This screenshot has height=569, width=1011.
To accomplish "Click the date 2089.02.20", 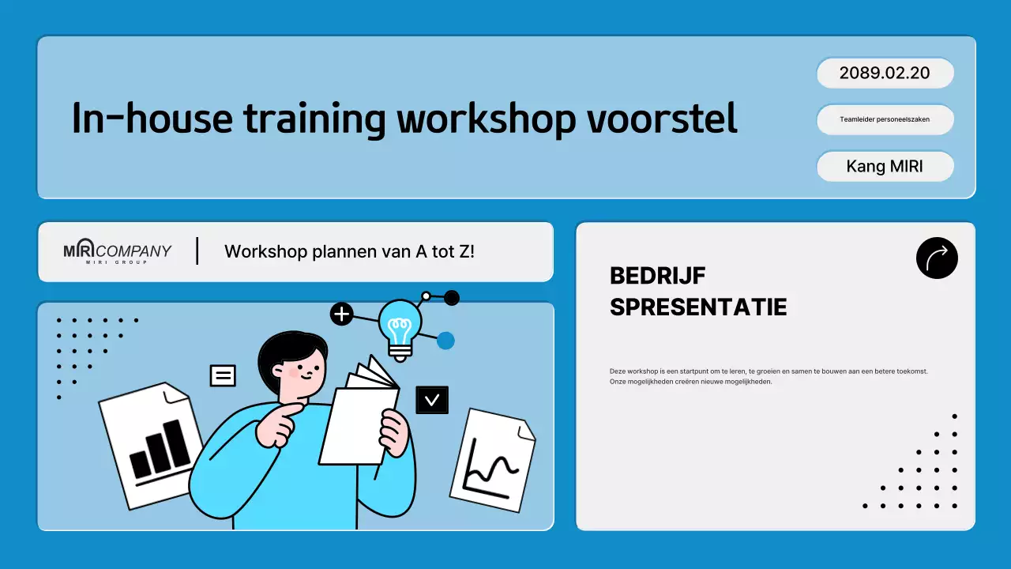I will coord(885,73).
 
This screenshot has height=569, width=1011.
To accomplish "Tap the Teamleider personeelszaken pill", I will coord(885,119).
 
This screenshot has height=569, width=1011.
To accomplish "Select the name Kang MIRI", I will coord(885,167).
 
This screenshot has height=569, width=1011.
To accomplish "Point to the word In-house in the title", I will coord(152,119).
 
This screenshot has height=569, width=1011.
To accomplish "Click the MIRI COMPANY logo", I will coord(117,251).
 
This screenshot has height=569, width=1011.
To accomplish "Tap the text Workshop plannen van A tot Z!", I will coord(349,251).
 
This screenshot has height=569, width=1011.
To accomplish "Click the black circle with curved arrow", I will coord(937,258).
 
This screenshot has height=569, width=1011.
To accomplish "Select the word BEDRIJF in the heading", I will coord(657,276).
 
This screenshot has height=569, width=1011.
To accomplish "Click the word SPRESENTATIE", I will coord(698,307).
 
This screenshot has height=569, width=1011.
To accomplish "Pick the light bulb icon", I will coord(400,327).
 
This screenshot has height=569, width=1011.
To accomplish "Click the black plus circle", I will coord(341,315).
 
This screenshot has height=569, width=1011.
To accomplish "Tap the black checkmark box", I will coord(432,400).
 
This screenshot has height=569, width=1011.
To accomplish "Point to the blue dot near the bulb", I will coord(445,341).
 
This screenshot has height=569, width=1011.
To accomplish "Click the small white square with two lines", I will coord(223,375).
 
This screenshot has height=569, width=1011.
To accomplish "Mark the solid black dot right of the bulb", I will coord(452,298).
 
